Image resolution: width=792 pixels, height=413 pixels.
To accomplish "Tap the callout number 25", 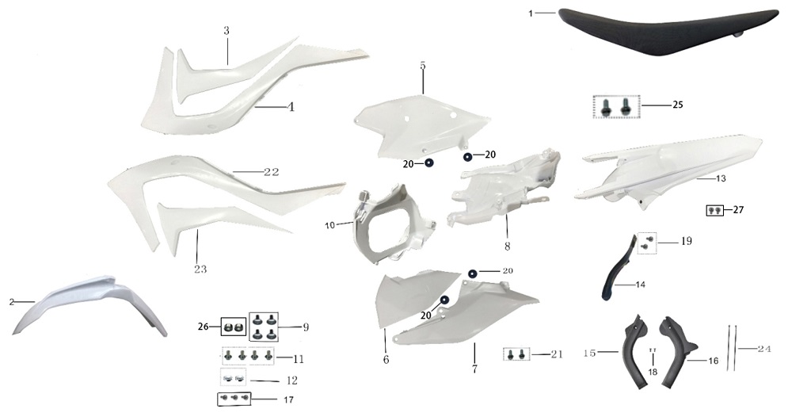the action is click(x=678, y=105).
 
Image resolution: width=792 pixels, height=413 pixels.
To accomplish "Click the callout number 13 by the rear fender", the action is click(x=721, y=178).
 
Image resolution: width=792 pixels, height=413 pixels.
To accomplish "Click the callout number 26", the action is click(x=203, y=327).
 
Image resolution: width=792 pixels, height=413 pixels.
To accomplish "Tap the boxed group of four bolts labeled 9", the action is click(x=264, y=326).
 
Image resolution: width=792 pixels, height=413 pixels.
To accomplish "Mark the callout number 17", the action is click(x=288, y=400).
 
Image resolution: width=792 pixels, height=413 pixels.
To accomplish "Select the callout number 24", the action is click(x=763, y=348).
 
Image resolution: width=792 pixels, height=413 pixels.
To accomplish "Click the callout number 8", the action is click(x=507, y=247).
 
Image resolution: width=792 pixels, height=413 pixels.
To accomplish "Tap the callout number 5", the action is click(x=423, y=66).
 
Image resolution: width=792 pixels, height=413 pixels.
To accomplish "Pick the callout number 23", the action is click(x=200, y=269).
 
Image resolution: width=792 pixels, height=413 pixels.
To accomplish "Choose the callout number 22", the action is click(x=272, y=172).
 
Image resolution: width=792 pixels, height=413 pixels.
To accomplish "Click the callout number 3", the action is click(x=227, y=31).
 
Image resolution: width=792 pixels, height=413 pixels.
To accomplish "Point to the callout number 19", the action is click(x=686, y=241).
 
